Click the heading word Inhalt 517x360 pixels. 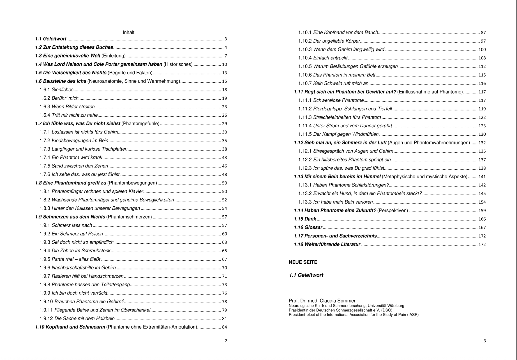[128, 33]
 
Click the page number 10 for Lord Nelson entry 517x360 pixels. [224, 64]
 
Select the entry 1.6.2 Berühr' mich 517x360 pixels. [59, 98]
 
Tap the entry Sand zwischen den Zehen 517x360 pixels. [80, 166]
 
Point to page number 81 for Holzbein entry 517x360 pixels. [224, 319]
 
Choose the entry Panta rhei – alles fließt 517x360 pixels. [76, 259]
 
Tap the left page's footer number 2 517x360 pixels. [226, 341]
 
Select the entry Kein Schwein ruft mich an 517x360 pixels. [341, 84]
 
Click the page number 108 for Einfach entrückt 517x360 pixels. [482, 58]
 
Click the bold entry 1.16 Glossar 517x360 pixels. [308, 227]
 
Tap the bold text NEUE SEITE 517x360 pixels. [303, 262]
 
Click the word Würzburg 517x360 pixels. [396, 306]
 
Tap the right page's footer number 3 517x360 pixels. [485, 341]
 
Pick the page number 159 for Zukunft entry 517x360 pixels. [482, 211]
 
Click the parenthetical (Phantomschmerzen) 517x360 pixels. [129, 217]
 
